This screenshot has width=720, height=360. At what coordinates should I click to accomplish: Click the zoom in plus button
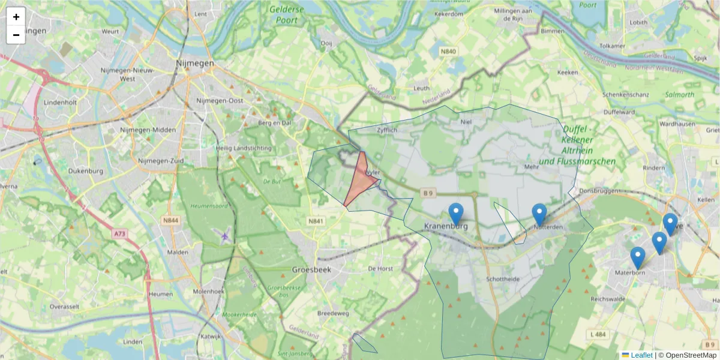click(x=16, y=17)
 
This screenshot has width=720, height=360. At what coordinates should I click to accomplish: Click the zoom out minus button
click(x=16, y=35)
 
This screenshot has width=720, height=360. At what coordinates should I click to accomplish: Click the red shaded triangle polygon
click(x=361, y=180)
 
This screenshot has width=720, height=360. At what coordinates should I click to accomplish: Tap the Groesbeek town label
click(x=311, y=270)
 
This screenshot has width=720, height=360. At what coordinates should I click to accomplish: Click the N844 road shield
click(x=170, y=221)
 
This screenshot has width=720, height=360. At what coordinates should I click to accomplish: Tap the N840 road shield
click(x=448, y=52)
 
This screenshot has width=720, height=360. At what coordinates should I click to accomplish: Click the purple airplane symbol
click(x=225, y=236)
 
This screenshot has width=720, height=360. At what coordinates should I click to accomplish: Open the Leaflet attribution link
click(x=641, y=355)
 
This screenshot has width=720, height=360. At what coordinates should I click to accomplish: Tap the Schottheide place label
click(x=503, y=280)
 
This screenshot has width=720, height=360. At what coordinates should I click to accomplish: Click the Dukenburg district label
click(x=86, y=171)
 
